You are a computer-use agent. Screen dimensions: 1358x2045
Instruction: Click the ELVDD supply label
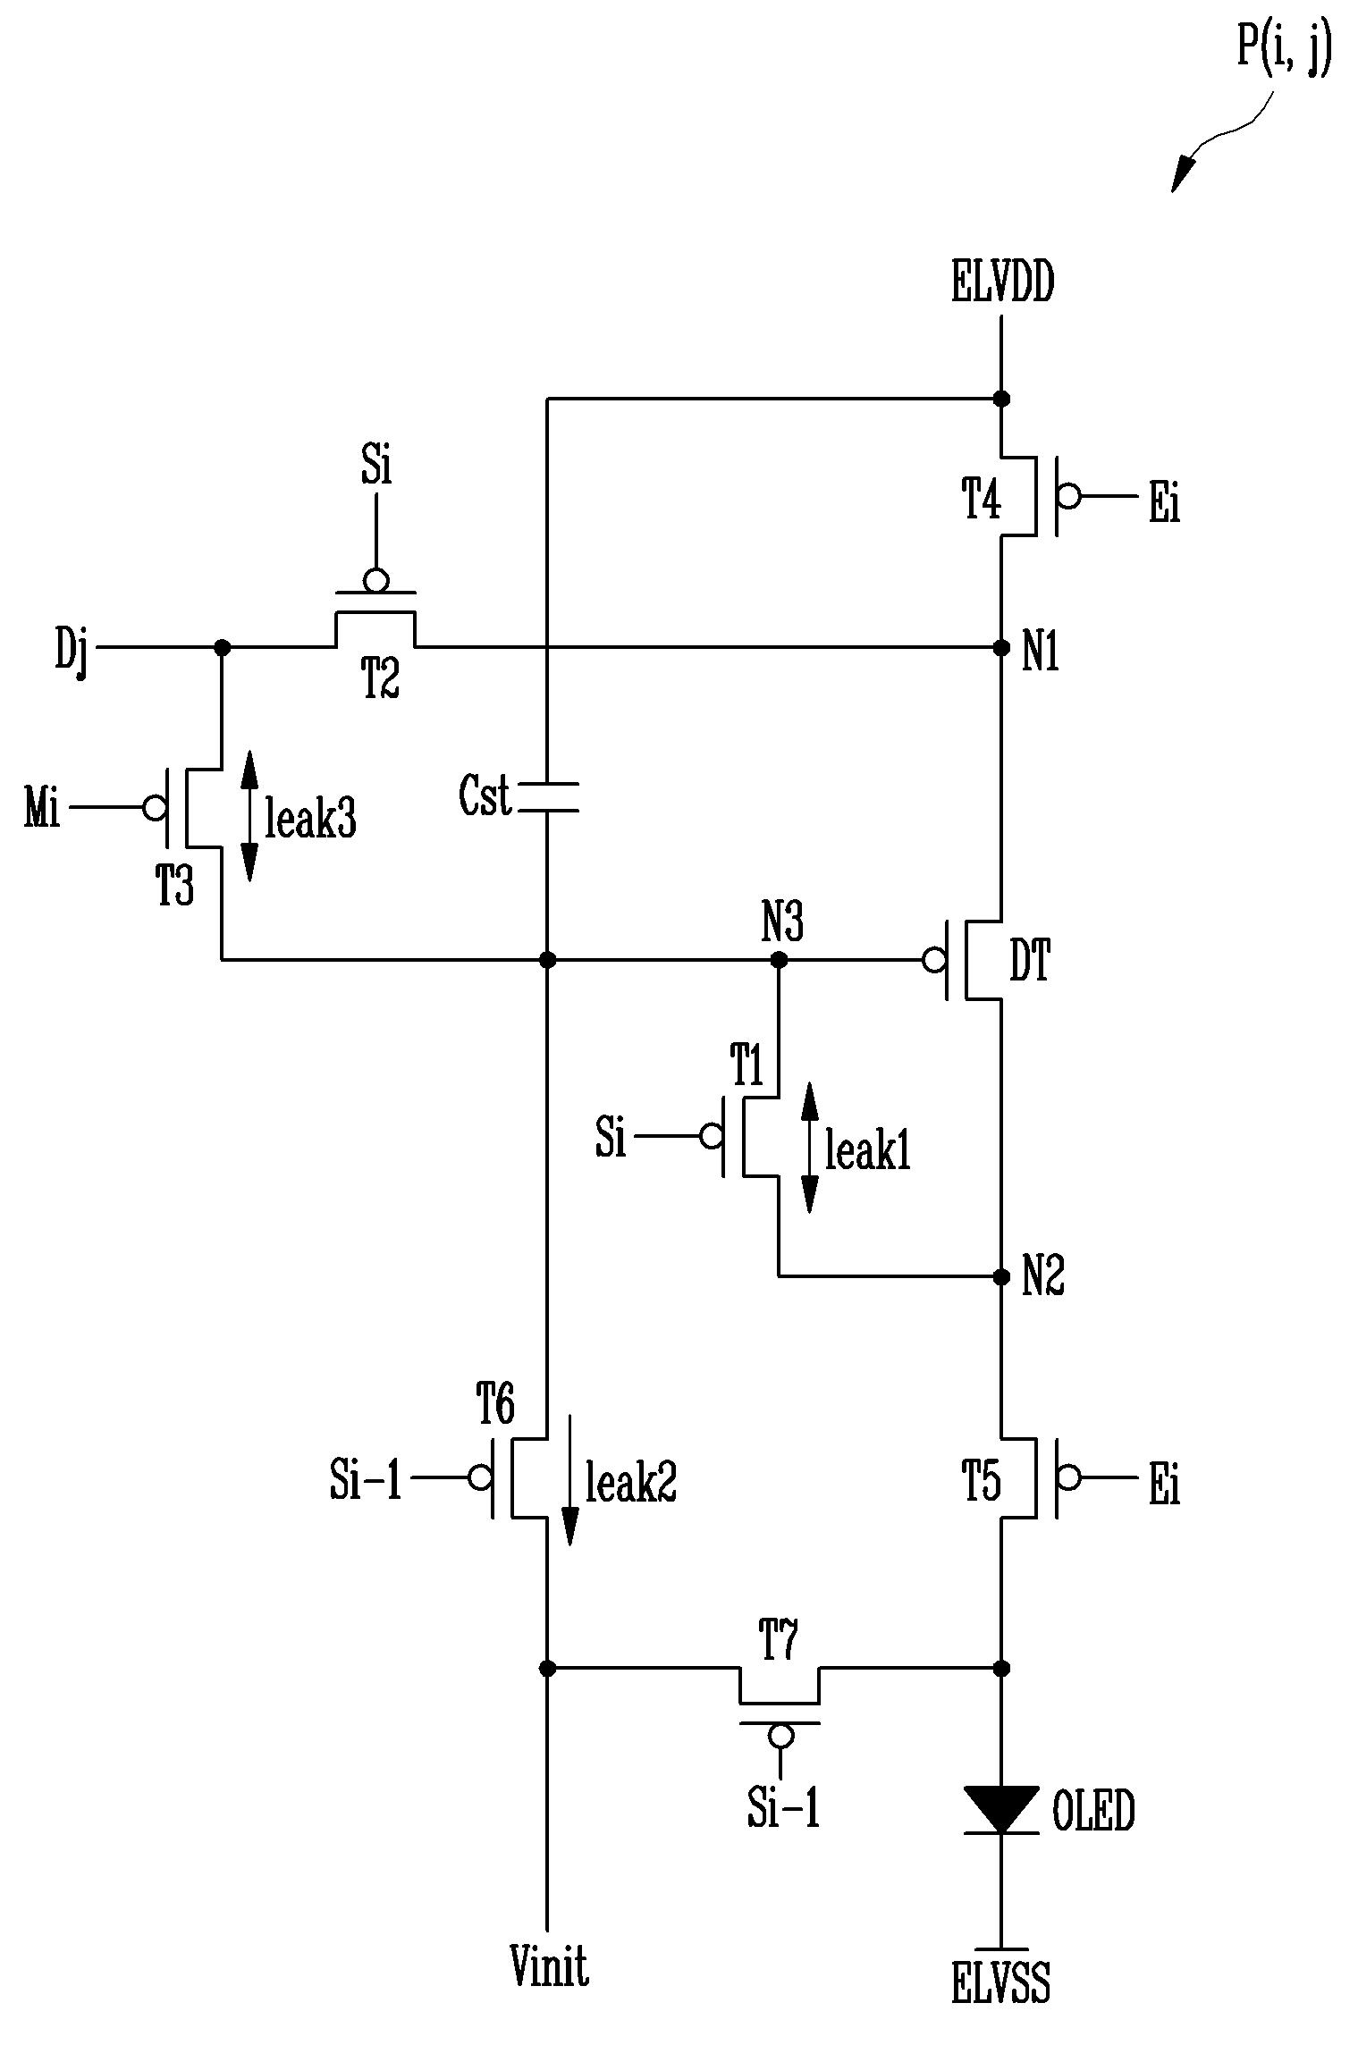pyautogui.click(x=1002, y=283)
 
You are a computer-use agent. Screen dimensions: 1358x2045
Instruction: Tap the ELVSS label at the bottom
pyautogui.click(x=1000, y=1982)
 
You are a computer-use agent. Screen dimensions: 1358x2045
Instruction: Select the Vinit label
pyautogui.click(x=549, y=1965)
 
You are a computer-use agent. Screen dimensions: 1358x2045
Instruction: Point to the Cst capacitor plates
pyautogui.click(x=548, y=797)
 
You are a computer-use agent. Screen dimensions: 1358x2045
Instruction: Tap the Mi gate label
pyautogui.click(x=42, y=808)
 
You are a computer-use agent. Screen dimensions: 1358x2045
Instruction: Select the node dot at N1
pyautogui.click(x=1001, y=646)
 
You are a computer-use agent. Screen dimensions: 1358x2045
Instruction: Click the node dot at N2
pyautogui.click(x=1001, y=1275)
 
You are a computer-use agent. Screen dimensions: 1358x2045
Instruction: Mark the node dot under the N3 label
pyautogui.click(x=779, y=960)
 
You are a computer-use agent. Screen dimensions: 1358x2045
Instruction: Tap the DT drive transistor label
pyautogui.click(x=1030, y=963)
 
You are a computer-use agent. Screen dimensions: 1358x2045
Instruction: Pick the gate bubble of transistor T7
pyautogui.click(x=780, y=1736)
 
